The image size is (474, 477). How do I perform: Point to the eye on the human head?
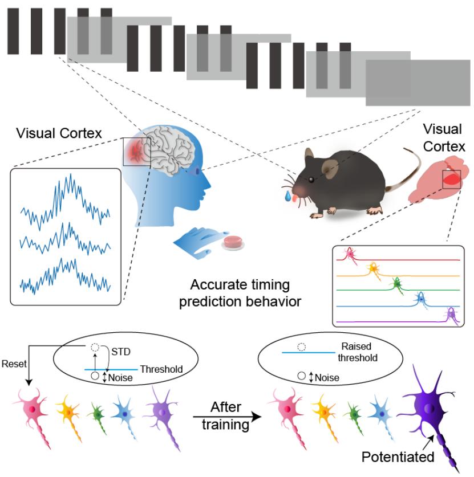(x=198, y=170)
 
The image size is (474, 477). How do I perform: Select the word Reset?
(x=13, y=364)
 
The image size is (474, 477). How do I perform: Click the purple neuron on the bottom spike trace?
(x=451, y=314)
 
